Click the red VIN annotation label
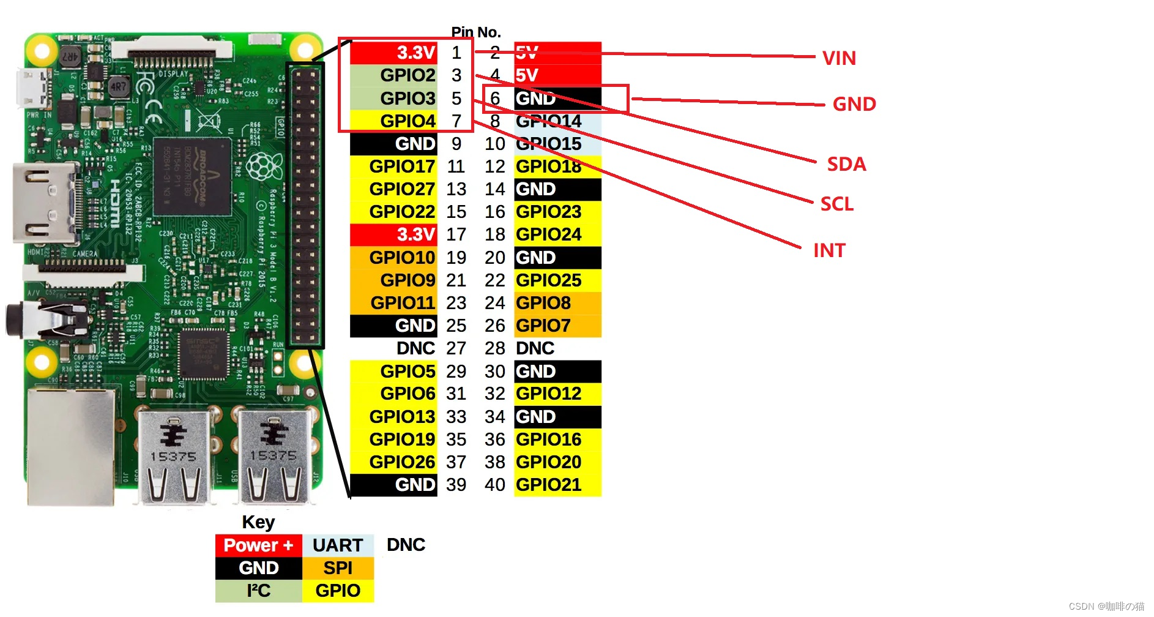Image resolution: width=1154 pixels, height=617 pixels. [839, 58]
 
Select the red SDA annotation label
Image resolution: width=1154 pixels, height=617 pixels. [846, 164]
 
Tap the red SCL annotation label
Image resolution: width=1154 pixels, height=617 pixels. [836, 204]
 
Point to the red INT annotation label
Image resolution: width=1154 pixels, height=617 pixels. [829, 250]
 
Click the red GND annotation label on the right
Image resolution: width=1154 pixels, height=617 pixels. [854, 104]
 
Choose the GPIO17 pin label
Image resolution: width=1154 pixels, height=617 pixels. [401, 166]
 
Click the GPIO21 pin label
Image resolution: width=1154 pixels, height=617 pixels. [549, 485]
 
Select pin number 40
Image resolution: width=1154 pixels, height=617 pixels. [494, 485]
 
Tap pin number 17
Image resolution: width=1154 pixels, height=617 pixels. [456, 234]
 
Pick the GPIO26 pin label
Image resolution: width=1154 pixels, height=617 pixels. [401, 462]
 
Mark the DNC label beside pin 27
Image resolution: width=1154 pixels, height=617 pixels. [415, 348]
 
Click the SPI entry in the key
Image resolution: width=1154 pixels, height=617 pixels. [338, 568]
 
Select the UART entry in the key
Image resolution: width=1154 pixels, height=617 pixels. [338, 545]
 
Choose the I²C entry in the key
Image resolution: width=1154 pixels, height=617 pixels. [259, 591]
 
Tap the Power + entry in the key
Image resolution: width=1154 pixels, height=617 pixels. [258, 545]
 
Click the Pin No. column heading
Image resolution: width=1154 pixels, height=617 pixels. [475, 32]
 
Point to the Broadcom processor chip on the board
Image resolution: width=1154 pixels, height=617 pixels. [192, 178]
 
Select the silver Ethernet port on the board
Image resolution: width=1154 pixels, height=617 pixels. [70, 447]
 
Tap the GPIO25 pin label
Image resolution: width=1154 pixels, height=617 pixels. [549, 280]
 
